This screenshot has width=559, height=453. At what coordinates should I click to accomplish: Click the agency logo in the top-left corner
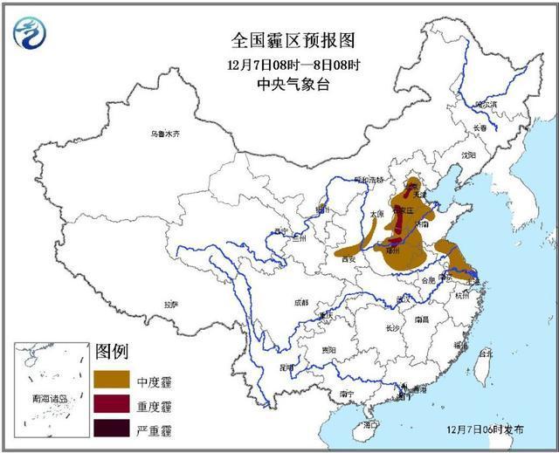[31, 32]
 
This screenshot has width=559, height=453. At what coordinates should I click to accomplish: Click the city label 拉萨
[170, 305]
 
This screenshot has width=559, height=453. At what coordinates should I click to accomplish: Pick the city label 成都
[300, 302]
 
